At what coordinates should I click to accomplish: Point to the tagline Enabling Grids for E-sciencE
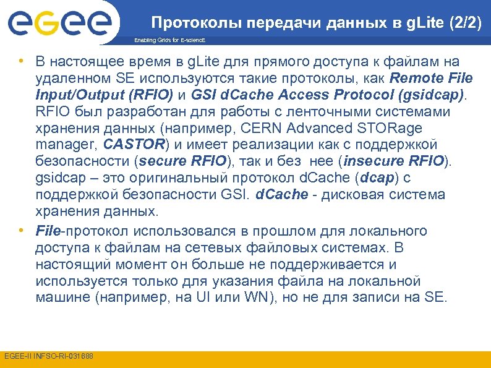tap(169, 40)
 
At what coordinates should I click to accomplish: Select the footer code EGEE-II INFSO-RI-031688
tap(49, 357)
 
